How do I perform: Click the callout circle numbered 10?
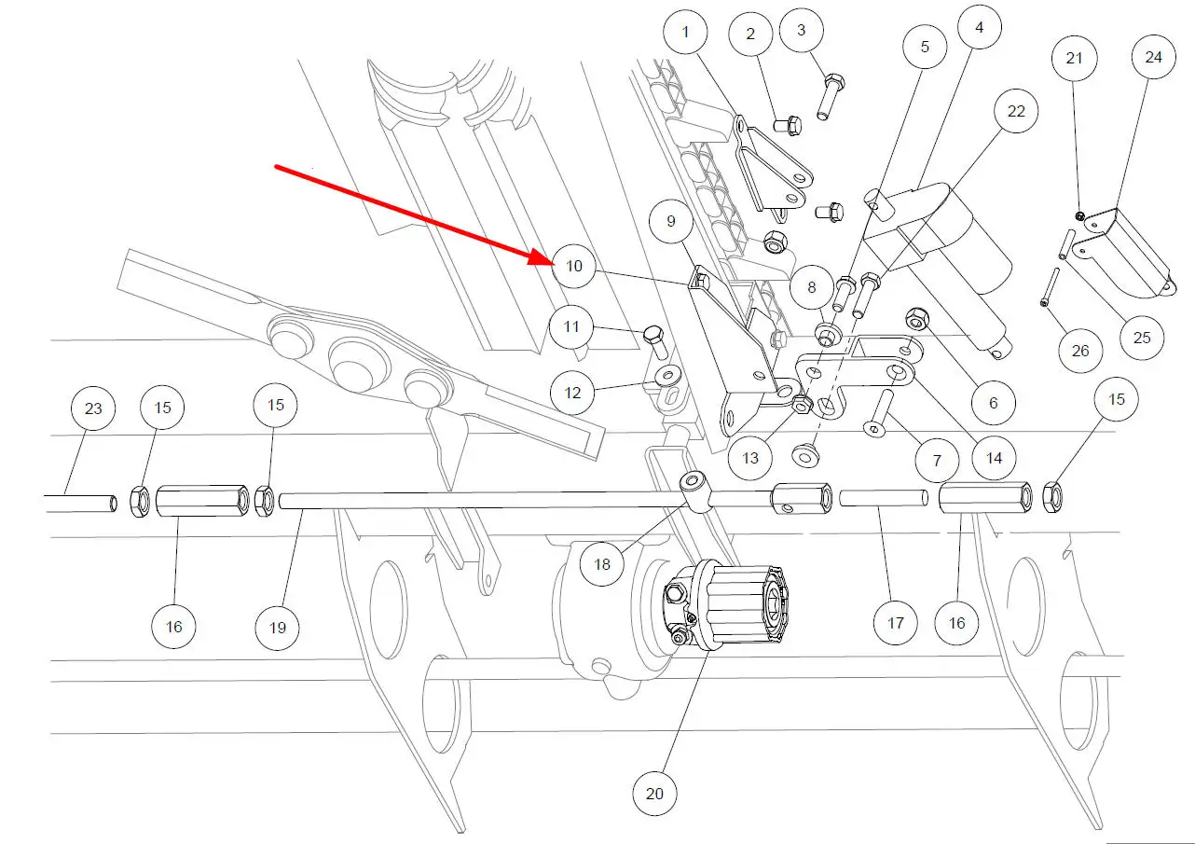click(x=573, y=266)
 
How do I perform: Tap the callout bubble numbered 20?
click(x=654, y=794)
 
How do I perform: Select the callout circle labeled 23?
click(x=93, y=408)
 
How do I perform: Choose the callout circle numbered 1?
click(x=686, y=33)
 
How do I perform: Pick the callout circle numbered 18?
click(x=602, y=564)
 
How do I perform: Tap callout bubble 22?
click(x=1016, y=111)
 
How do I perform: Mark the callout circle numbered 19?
click(x=278, y=628)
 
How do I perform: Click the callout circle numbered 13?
click(x=751, y=458)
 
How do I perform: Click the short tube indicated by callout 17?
click(x=882, y=498)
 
